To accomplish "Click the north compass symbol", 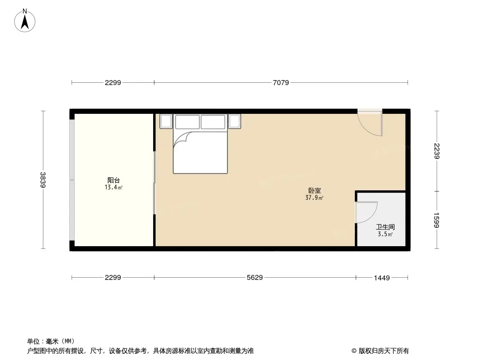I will tap(25, 20).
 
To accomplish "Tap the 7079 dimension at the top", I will tap(281, 82).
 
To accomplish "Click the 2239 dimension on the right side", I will tap(436, 151).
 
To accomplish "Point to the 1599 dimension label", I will tap(436, 220).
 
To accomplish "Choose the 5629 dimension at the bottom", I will tap(254, 278).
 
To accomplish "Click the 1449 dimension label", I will tap(381, 278).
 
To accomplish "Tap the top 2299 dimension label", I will tap(113, 82).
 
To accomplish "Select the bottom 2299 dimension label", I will tap(113, 278).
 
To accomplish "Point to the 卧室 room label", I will tap(314, 191).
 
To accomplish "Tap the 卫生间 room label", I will tap(385, 228).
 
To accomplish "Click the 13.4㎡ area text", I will tap(113, 187).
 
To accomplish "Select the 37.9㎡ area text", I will tap(314, 198).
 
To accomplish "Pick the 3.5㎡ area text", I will tap(385, 234).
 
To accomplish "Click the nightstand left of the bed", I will tap(166, 121).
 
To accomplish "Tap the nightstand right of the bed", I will tap(235, 121).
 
